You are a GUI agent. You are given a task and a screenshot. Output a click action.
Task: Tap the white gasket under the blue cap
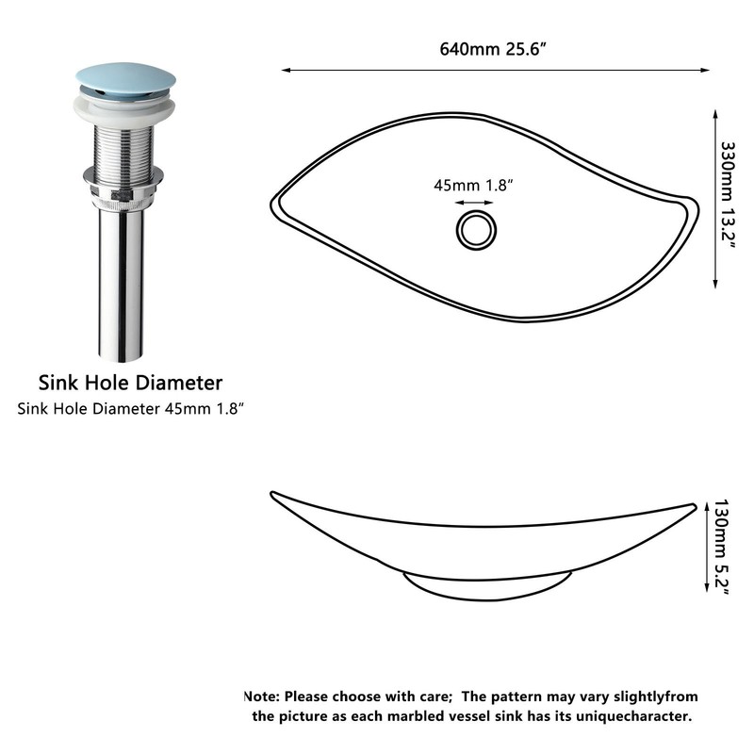tap(124, 111)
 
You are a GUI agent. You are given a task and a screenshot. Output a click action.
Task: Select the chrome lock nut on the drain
tap(123, 185)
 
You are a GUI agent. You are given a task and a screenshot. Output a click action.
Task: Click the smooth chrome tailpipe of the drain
tap(122, 284)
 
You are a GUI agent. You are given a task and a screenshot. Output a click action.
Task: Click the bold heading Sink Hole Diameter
tap(130, 383)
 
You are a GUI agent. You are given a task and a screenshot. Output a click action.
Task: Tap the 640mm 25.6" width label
tap(493, 49)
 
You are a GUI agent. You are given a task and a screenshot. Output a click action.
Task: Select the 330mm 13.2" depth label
tap(728, 195)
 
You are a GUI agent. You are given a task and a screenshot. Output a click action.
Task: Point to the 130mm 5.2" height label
tap(721, 548)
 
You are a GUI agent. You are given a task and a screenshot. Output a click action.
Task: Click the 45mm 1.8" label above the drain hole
tap(474, 185)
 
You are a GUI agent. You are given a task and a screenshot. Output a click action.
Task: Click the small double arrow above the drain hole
tap(474, 203)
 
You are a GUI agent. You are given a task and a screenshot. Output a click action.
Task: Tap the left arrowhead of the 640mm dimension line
tap(287, 70)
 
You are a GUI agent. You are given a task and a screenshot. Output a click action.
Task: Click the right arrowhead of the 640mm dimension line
tap(705, 70)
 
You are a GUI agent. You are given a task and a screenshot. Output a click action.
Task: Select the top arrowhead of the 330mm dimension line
tap(715, 115)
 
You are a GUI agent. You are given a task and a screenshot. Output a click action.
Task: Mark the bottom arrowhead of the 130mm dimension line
tap(706, 586)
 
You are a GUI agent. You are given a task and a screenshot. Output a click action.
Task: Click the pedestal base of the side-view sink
tap(487, 587)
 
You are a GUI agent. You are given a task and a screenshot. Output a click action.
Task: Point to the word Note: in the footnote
tap(262, 697)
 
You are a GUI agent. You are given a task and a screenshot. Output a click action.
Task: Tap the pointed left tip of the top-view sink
tap(272, 205)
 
